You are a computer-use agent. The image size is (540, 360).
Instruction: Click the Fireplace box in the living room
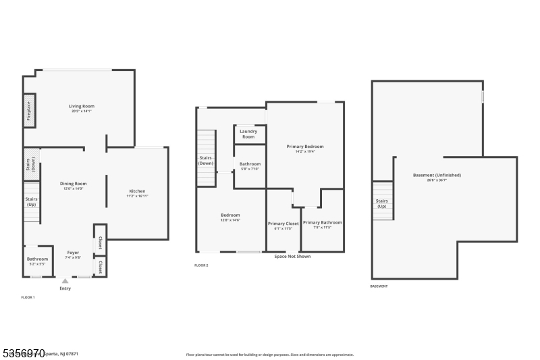tap(30, 110)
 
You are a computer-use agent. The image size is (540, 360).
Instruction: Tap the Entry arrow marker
tap(65, 280)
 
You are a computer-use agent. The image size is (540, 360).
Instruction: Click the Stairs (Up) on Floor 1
tap(32, 201)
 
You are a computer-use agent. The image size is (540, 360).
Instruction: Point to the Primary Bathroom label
tap(322, 224)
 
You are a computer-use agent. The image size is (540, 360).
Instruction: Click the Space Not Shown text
tap(292, 257)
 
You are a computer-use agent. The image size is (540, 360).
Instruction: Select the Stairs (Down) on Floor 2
tap(206, 161)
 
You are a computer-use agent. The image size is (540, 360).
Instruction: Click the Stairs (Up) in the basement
tap(382, 203)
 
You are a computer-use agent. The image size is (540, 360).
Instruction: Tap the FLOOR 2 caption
tap(201, 265)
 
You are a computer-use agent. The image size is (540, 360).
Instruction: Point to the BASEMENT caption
tap(379, 286)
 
